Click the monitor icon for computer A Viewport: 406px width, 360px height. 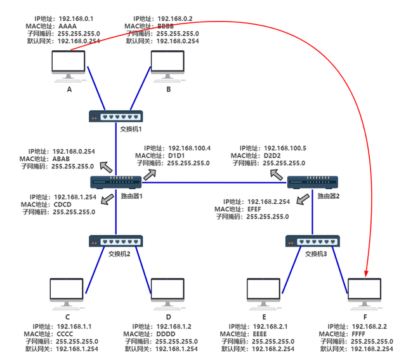click(x=70, y=64)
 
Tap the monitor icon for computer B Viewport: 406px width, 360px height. click(x=168, y=64)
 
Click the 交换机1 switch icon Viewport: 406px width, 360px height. click(x=116, y=116)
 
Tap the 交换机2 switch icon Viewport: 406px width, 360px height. click(x=116, y=241)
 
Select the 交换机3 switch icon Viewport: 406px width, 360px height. click(x=313, y=242)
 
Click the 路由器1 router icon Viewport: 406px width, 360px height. click(x=116, y=183)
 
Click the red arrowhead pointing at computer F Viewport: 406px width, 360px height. click(x=367, y=274)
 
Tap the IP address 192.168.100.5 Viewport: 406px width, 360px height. click(x=285, y=147)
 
